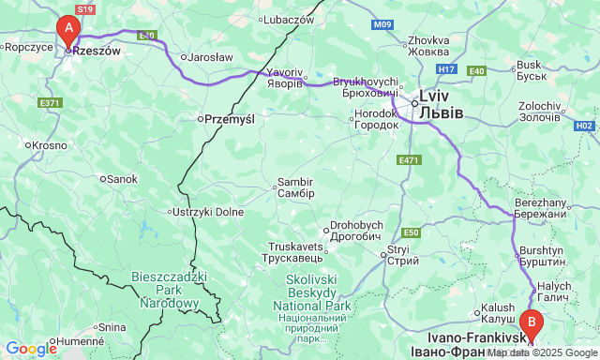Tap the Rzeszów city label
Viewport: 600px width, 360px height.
click(x=98, y=52)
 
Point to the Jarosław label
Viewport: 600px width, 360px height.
click(x=210, y=56)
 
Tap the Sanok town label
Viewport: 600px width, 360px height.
click(x=122, y=178)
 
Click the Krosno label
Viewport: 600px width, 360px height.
click(x=50, y=145)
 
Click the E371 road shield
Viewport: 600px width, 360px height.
click(x=51, y=101)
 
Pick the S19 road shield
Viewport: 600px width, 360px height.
click(x=85, y=8)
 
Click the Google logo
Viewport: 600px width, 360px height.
click(x=30, y=349)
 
